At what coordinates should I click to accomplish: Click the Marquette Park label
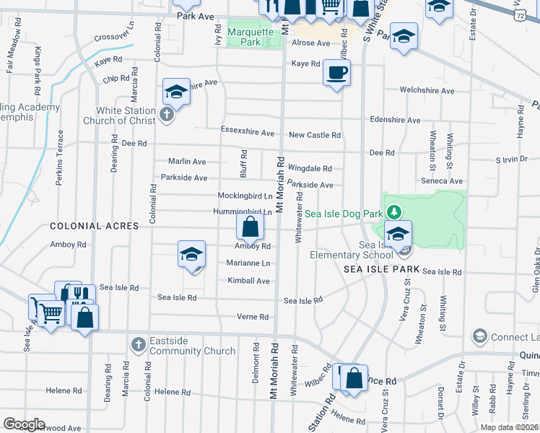tap(251, 37)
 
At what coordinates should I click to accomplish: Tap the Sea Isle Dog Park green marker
tap(393, 212)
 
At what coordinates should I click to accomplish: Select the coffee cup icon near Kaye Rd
tap(337, 73)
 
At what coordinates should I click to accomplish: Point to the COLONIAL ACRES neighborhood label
tap(94, 226)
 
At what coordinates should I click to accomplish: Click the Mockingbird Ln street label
tap(245, 196)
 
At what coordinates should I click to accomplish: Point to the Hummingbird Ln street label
tap(242, 211)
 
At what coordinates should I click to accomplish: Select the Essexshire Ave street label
tap(248, 133)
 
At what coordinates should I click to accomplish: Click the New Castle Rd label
tap(314, 135)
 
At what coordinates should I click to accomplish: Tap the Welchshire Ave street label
tap(427, 91)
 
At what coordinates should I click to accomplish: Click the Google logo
tap(24, 424)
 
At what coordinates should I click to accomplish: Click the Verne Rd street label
tap(253, 317)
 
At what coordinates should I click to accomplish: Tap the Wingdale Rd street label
tap(310, 168)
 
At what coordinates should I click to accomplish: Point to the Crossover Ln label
tap(115, 36)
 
